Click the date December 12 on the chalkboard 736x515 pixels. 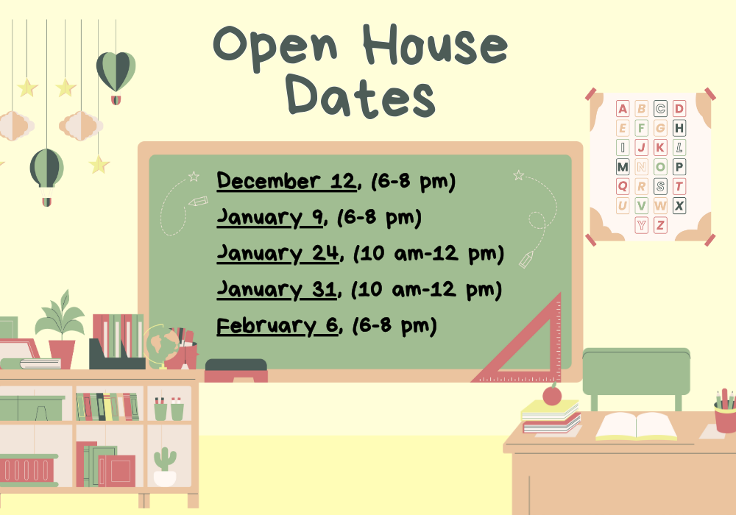point(286,181)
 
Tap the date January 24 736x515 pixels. point(278,253)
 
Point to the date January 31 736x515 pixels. point(277,290)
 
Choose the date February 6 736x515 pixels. point(277,325)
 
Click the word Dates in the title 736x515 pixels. point(361,98)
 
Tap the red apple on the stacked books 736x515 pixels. point(552,395)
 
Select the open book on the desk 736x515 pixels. point(636,427)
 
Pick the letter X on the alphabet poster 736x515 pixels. point(679,206)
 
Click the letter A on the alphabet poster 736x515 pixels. point(623,110)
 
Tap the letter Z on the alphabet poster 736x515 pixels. point(660,225)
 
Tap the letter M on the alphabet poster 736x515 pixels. point(623,167)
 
